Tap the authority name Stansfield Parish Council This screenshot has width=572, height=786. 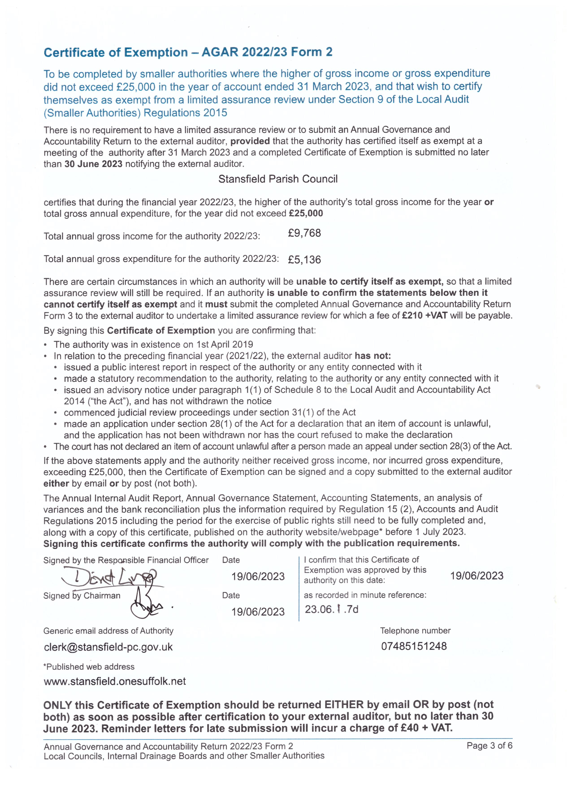pos(278,179)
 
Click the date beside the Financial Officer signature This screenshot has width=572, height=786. pos(258,576)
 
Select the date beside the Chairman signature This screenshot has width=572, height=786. pos(258,612)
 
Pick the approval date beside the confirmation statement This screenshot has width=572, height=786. pos(477,576)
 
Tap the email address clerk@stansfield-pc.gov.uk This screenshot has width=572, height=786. pos(108,647)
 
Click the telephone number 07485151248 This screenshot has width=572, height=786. pos(414,646)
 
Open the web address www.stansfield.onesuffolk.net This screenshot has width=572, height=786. pos(115,681)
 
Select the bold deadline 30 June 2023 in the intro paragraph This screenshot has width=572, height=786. pos(93,164)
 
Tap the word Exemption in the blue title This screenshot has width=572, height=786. pos(156,52)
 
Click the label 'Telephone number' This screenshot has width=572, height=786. pos(415,630)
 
